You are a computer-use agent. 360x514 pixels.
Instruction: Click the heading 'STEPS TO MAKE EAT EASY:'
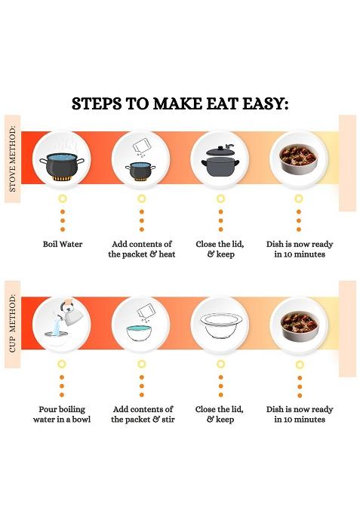pyautogui.click(x=180, y=103)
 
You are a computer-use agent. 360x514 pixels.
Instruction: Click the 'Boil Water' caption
pyautogui.click(x=63, y=245)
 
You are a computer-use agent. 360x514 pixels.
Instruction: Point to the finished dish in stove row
pyautogui.click(x=299, y=159)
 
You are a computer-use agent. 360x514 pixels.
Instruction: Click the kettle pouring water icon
pyautogui.click(x=62, y=324)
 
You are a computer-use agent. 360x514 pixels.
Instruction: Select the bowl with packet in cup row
pyautogui.click(x=140, y=324)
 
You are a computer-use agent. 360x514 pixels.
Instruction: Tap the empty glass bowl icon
pyautogui.click(x=220, y=324)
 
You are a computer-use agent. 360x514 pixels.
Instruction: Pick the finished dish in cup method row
pyautogui.click(x=299, y=324)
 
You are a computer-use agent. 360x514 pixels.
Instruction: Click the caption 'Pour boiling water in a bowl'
pyautogui.click(x=62, y=414)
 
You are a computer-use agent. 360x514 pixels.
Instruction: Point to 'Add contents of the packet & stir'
pyautogui.click(x=142, y=414)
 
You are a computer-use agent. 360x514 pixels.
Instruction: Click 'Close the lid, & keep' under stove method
pyautogui.click(x=220, y=249)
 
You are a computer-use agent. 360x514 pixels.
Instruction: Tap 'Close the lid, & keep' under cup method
pyautogui.click(x=220, y=414)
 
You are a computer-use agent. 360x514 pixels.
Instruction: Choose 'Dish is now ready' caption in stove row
pyautogui.click(x=300, y=249)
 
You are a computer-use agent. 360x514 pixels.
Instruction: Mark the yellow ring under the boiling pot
pyautogui.click(x=63, y=198)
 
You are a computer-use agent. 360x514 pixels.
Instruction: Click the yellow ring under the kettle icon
pyautogui.click(x=63, y=363)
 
